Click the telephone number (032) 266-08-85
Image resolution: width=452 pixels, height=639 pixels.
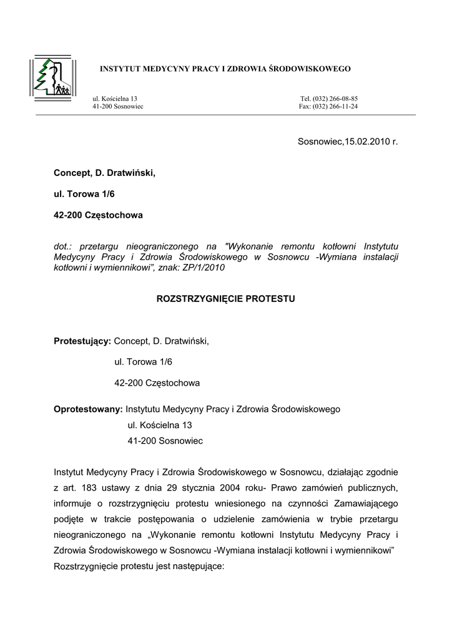[336, 99]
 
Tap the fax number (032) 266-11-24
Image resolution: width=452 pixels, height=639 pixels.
[335, 106]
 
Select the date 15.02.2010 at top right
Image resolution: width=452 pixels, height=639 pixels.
[368, 142]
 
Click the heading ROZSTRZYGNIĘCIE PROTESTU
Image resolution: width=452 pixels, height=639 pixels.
[225, 299]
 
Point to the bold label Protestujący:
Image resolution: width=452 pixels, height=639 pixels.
[82, 341]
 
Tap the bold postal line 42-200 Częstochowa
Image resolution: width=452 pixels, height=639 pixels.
[99, 215]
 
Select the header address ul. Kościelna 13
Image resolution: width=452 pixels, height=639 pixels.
[115, 99]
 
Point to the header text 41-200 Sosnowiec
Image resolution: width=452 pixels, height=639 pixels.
[118, 106]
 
